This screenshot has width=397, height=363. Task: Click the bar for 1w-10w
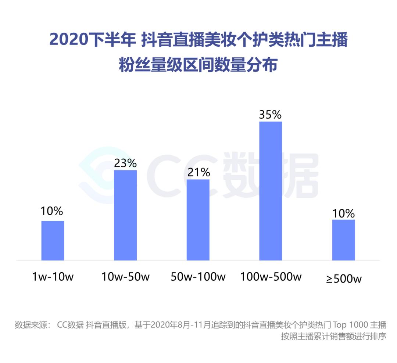(53, 240)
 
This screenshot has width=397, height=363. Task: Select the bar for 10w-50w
(125, 215)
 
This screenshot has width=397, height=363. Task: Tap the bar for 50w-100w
(198, 220)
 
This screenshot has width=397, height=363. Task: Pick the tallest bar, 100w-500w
(271, 191)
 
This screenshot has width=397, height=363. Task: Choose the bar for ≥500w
(343, 240)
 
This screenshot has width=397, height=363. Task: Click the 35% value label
(270, 115)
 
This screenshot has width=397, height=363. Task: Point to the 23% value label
(125, 163)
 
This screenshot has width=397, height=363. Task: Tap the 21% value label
(198, 172)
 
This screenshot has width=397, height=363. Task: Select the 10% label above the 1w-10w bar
(52, 211)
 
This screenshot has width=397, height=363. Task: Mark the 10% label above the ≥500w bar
(343, 213)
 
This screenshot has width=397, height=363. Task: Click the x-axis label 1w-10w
(53, 277)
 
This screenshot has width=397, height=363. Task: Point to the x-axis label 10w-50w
(125, 277)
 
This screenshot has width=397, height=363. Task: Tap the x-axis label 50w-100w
(198, 277)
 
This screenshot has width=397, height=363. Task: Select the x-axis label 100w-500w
(271, 277)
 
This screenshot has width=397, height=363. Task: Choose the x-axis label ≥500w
(344, 278)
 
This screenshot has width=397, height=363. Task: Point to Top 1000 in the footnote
(349, 325)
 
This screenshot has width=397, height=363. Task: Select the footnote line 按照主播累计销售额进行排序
(333, 336)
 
